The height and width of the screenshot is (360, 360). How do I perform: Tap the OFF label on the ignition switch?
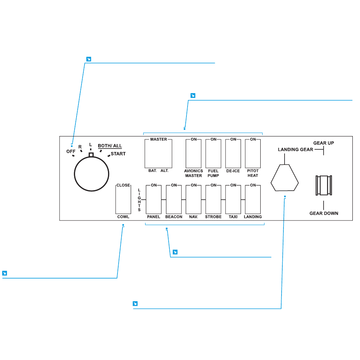coord(71,152)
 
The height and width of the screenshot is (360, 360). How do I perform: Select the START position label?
coord(118,154)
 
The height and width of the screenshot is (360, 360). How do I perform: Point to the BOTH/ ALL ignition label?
coord(110,146)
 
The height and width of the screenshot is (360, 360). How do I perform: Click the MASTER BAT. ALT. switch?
coord(158,153)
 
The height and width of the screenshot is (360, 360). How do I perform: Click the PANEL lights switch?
coord(154,199)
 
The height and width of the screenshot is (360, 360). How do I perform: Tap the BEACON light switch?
coord(174,199)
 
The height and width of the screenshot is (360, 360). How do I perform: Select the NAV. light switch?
coord(194,199)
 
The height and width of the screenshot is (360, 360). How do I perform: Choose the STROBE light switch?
coord(213,199)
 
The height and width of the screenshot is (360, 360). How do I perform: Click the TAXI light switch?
coord(233,199)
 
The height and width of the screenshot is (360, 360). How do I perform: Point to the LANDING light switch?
coord(253,199)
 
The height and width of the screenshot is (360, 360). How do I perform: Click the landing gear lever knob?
coord(285,179)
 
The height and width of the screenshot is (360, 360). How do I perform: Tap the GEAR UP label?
coord(324,143)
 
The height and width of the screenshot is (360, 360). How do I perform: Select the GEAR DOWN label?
coord(324,213)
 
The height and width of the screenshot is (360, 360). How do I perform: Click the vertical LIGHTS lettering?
coord(139,200)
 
